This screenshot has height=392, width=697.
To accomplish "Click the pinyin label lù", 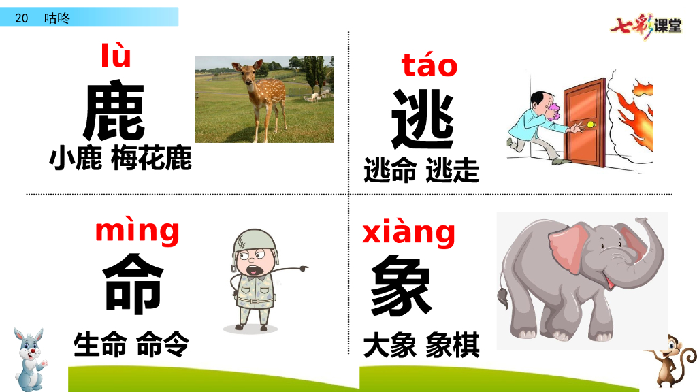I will coord(116,56).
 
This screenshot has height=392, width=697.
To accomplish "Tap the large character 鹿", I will coord(114,112).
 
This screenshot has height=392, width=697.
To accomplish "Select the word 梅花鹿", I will coord(159,159).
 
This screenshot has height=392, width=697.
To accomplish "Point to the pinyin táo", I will coord(429,66).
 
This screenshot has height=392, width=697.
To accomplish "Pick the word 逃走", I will coord(453,169).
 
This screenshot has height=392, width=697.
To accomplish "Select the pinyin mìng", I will coord(137,231).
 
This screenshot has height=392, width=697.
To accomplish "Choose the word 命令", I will coord(163,344).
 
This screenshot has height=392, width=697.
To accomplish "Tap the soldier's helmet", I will coord(248,243).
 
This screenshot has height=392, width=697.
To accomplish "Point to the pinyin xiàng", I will coord(408,233).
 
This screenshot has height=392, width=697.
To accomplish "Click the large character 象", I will coord(401,287).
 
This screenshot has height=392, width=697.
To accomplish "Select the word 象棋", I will coord(453,345).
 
